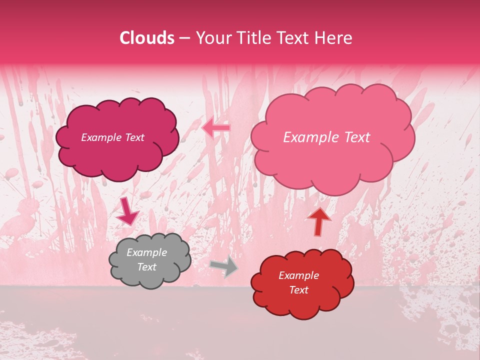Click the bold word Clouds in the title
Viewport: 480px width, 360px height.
click(x=147, y=38)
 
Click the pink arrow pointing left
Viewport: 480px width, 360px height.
click(x=216, y=128)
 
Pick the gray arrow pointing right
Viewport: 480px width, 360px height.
click(x=224, y=267)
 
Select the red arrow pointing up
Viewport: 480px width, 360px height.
click(x=319, y=221)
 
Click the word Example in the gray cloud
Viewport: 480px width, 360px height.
click(x=146, y=253)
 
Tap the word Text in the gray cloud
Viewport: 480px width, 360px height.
click(x=146, y=267)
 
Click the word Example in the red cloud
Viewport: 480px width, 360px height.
click(x=298, y=275)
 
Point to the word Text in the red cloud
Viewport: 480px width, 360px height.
click(x=298, y=290)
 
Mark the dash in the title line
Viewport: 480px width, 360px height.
click(x=184, y=38)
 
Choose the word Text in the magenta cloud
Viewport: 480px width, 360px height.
click(x=134, y=137)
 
